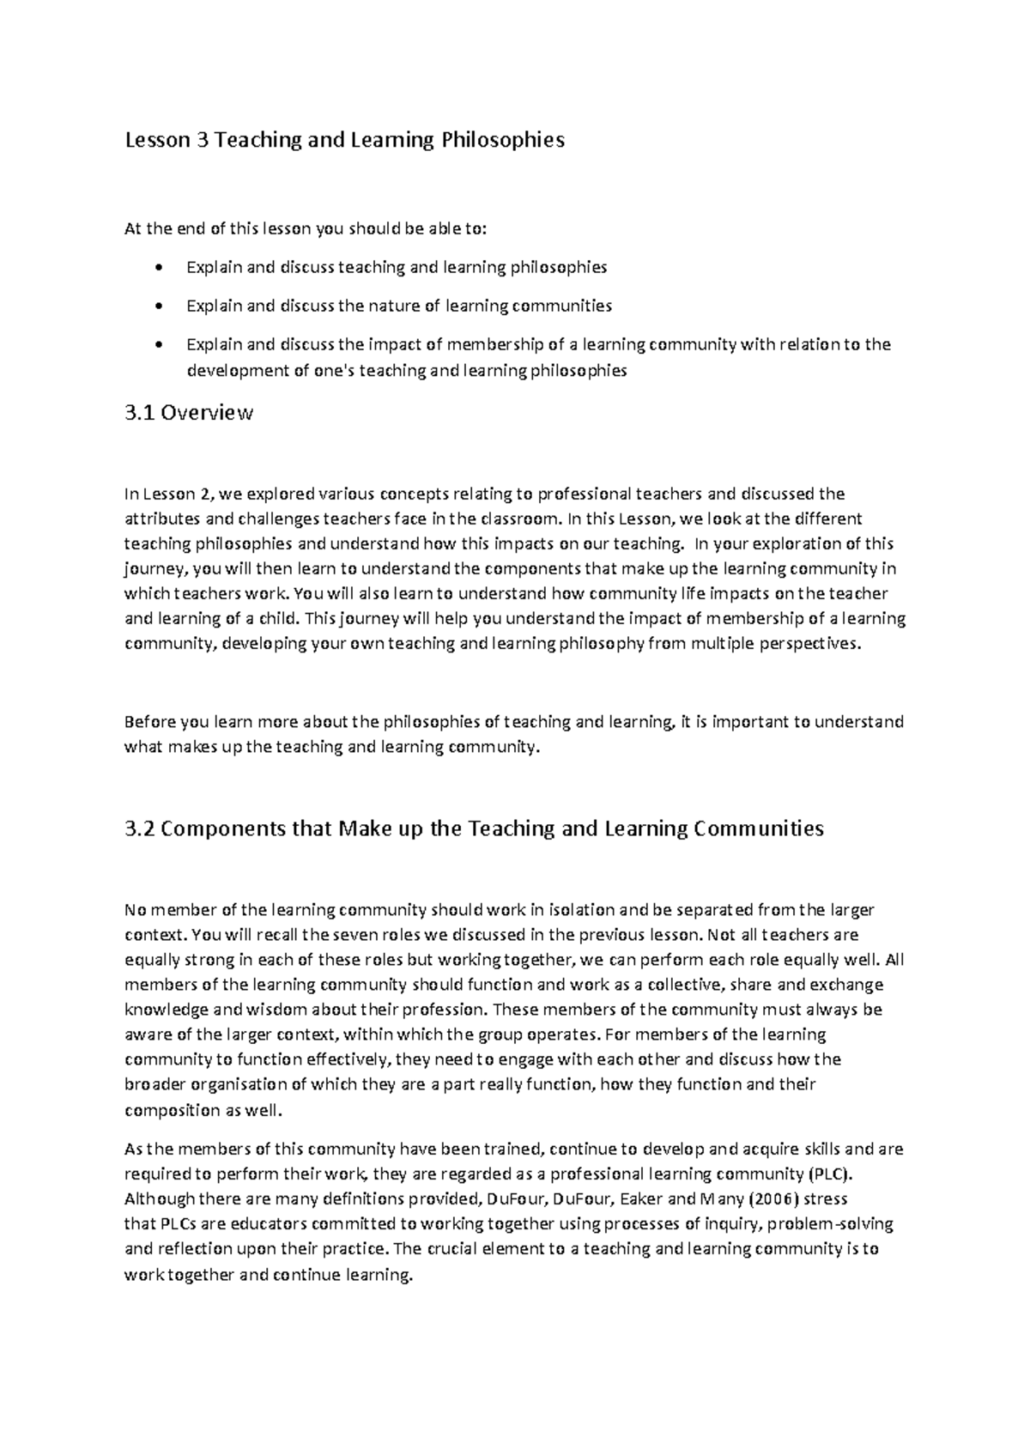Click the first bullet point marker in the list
(x=155, y=268)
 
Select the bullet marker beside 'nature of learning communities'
(x=155, y=306)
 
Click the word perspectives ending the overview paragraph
(x=809, y=644)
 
